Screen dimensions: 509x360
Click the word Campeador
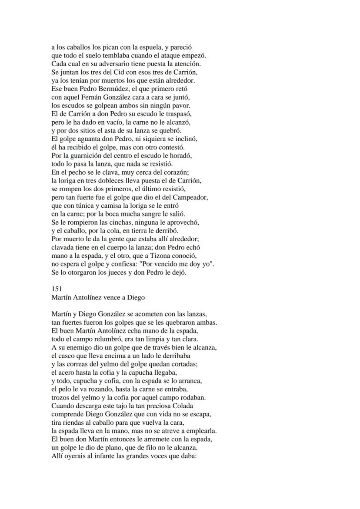click(190, 197)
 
